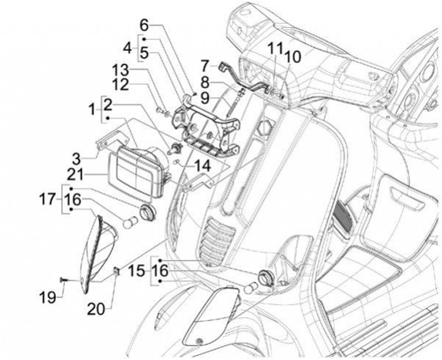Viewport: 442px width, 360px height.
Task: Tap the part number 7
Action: point(204,65)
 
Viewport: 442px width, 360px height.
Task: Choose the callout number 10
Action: point(293,56)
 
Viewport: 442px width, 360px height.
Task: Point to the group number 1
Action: point(90,111)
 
